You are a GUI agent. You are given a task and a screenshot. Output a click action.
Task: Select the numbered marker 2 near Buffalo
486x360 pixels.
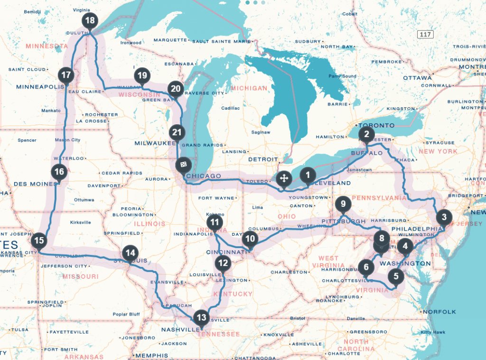coord(366,134)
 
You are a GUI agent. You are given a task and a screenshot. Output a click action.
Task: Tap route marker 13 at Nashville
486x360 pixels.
coord(202,318)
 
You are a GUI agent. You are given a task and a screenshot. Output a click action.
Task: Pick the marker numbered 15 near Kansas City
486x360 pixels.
coord(39,240)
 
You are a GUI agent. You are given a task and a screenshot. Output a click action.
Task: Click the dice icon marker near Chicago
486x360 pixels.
coord(183,165)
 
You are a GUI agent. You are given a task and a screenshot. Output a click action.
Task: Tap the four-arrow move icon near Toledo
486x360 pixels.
coord(283,179)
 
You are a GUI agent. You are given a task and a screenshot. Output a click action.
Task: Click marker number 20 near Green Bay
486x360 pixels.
coord(176,89)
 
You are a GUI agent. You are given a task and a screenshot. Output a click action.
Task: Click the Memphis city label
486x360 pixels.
coord(151,355)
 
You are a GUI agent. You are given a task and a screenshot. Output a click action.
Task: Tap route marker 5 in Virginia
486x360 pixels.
coord(396,276)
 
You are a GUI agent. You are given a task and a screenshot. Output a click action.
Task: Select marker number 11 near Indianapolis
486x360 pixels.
coord(215,222)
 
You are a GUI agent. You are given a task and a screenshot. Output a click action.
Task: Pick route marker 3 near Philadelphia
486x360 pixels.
coord(444,218)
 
